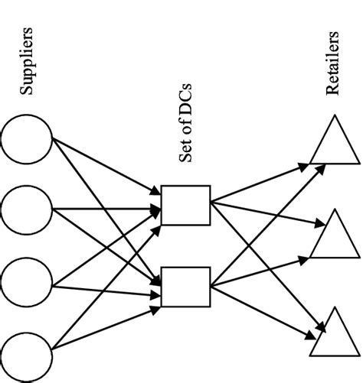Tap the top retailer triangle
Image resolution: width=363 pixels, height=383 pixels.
[x=335, y=141]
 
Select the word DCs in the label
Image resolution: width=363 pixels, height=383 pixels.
[x=185, y=122]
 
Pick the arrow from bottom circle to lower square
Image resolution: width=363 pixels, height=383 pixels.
[x=107, y=321]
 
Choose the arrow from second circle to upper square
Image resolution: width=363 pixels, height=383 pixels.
[x=107, y=208]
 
